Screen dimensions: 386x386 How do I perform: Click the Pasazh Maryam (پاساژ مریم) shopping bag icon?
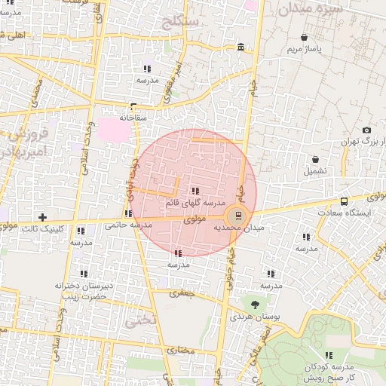(304, 37)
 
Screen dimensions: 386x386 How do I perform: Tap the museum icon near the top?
(240, 48)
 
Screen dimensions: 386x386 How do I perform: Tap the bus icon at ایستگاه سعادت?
(345, 201)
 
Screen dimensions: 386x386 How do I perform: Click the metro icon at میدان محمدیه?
(238, 216)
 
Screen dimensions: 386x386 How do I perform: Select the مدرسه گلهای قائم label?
(196, 204)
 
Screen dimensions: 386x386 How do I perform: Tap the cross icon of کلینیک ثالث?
(42, 217)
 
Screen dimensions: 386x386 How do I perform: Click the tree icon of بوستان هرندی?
(256, 305)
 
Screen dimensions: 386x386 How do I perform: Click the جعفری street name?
(182, 293)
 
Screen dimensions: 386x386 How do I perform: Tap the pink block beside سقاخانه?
(113, 127)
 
